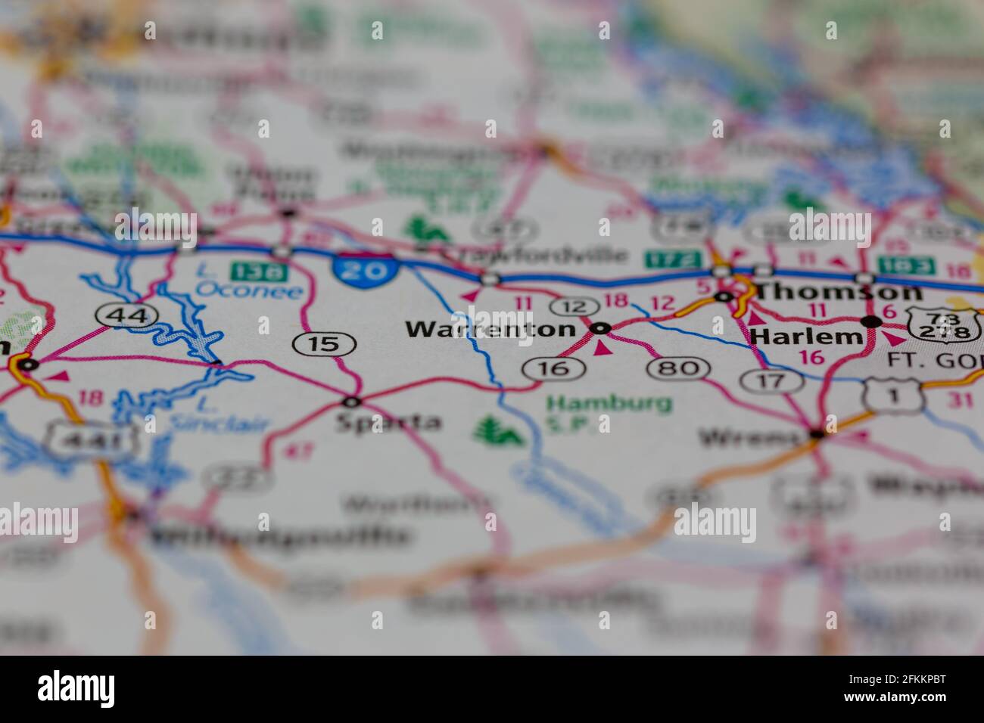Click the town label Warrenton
tap(490, 329)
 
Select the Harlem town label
tap(805, 336)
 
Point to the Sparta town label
tap(388, 421)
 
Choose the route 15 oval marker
tap(325, 344)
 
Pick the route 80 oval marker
tap(677, 368)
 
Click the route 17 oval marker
tap(771, 380)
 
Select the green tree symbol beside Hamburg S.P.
tap(498, 431)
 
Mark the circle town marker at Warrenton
tap(601, 328)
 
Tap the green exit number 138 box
tap(250, 268)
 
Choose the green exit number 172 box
tap(673, 259)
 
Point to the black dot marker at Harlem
tap(872, 322)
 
